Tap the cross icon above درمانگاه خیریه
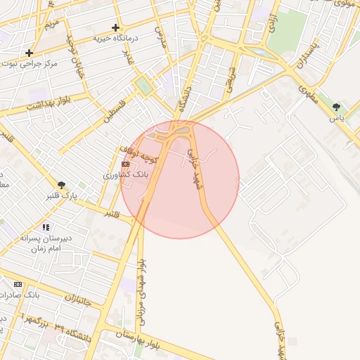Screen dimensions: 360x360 click(x=115, y=27)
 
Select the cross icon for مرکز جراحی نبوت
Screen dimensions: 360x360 click(x=29, y=53)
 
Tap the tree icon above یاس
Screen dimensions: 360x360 click(x=337, y=107)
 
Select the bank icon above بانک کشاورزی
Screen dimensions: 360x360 click(x=126, y=164)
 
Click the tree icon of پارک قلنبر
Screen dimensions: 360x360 click(x=62, y=186)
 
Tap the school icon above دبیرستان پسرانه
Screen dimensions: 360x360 click(x=46, y=227)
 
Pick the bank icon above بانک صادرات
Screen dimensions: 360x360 click(x=18, y=284)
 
